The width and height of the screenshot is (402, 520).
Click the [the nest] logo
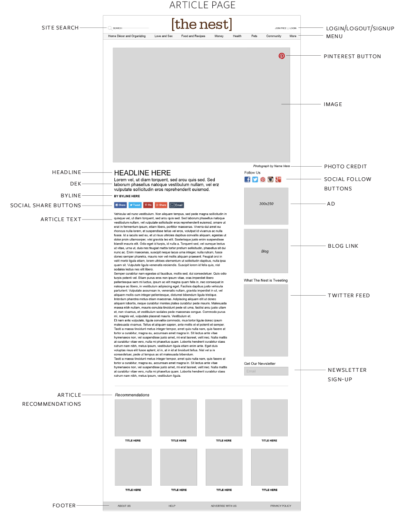[202, 25]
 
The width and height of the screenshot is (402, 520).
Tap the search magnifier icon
[110, 28]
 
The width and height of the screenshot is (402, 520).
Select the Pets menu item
[254, 36]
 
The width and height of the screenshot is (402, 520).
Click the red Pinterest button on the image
[282, 56]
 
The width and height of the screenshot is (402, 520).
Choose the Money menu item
[219, 36]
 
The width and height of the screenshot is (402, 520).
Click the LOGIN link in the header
[293, 28]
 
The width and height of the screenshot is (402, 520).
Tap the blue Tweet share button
[135, 205]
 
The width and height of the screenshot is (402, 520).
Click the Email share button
[177, 205]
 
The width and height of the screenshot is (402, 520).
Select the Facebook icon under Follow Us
[247, 179]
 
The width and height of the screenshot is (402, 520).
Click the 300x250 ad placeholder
[266, 206]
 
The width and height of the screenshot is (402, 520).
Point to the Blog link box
[266, 251]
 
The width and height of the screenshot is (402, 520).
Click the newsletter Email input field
[266, 371]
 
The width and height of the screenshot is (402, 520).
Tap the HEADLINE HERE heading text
[142, 173]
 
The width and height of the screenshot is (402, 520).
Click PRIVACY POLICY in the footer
[281, 506]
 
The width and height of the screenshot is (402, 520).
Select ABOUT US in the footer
[124, 506]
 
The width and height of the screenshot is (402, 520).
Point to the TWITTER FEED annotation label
[349, 296]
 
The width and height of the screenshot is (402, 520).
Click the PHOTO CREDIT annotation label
[345, 167]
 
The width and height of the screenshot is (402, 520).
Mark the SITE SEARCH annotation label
[60, 28]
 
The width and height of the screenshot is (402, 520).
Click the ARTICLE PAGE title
[202, 5]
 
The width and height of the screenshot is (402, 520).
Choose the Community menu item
[274, 36]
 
